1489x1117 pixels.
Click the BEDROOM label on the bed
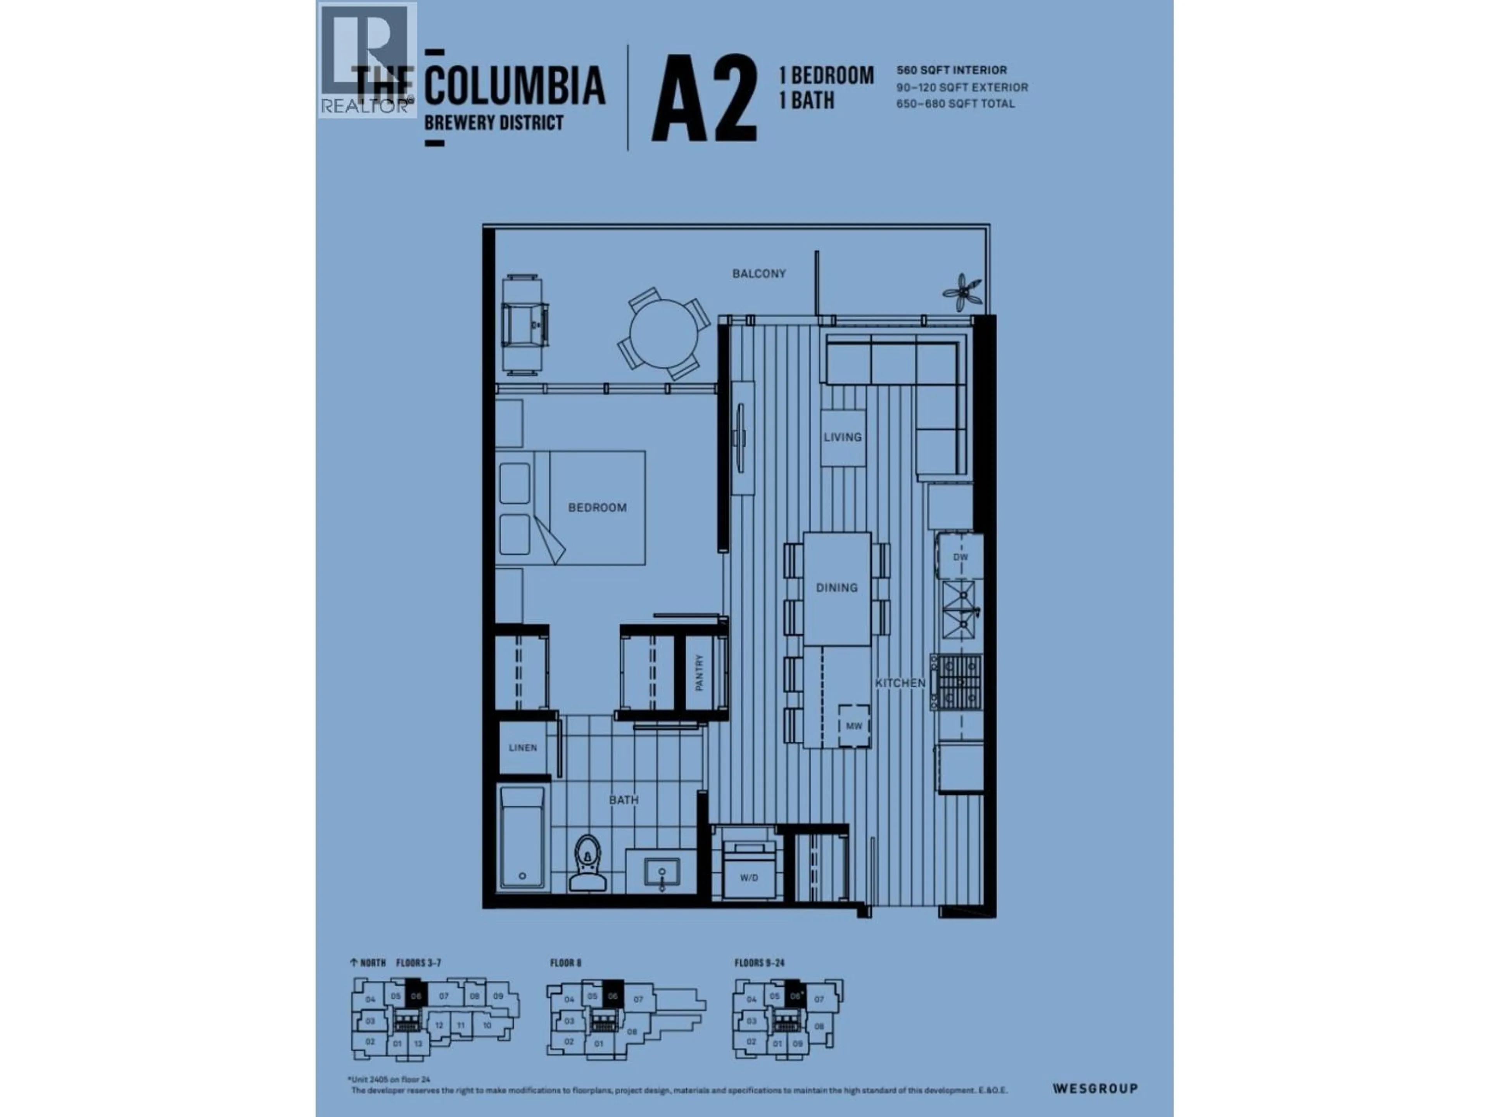597,508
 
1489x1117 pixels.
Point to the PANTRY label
700,672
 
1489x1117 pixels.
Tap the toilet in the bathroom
588,864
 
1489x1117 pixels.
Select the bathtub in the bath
522,838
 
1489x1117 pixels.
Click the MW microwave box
853,726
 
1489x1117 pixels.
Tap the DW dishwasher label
960,557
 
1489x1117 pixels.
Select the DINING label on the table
837,588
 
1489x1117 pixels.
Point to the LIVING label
842,437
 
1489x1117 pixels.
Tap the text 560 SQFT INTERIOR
951,70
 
